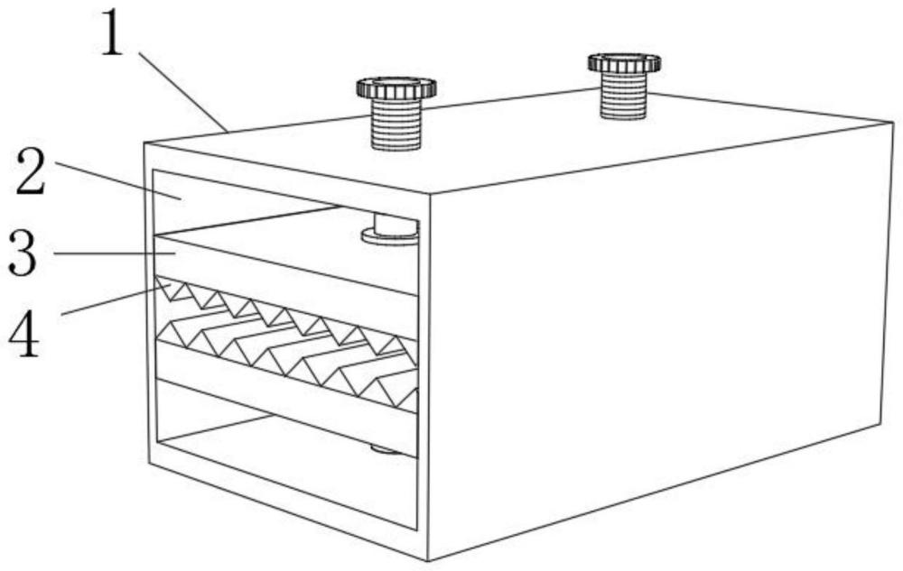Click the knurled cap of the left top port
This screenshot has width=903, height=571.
396,87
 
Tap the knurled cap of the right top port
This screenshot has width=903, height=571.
624,62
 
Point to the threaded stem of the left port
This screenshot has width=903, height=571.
396,124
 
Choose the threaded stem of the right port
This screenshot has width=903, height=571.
625,96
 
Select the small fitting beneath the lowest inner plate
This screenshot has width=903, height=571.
385,448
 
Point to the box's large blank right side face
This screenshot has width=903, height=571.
659,334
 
